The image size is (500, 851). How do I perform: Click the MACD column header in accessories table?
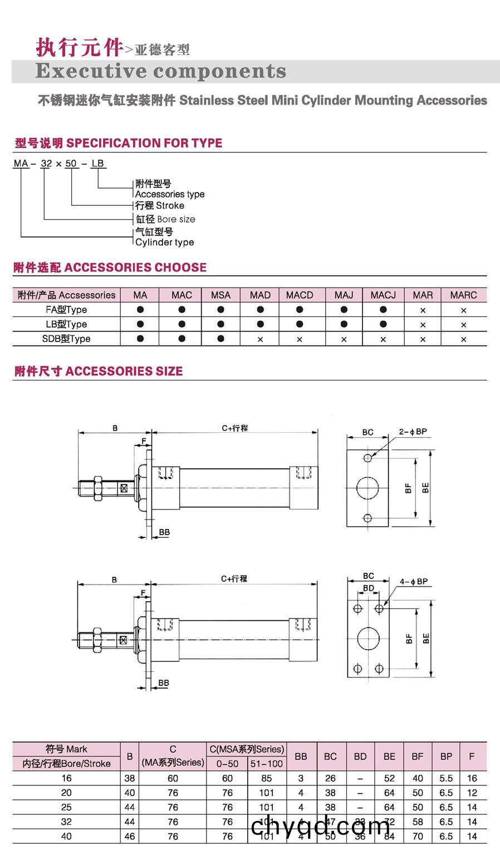pyautogui.click(x=300, y=295)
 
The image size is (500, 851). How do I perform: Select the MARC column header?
pyautogui.click(x=463, y=295)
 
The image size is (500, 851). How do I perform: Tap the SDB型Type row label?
pyautogui.click(x=66, y=338)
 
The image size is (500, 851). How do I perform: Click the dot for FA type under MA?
pyautogui.click(x=140, y=309)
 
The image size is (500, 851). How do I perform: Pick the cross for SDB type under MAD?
pyautogui.click(x=260, y=339)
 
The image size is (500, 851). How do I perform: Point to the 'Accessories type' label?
pyautogui.click(x=170, y=194)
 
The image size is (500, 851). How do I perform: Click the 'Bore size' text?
pyautogui.click(x=176, y=219)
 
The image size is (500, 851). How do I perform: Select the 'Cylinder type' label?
pyautogui.click(x=165, y=242)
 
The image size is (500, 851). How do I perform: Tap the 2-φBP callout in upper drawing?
pyautogui.click(x=413, y=432)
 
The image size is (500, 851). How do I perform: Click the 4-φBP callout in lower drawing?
pyautogui.click(x=414, y=582)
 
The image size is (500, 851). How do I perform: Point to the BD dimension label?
pyautogui.click(x=369, y=588)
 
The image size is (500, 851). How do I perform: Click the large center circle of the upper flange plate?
pyautogui.click(x=367, y=488)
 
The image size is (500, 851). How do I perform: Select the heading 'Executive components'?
pyautogui.click(x=161, y=71)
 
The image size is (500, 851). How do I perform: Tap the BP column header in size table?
pyautogui.click(x=446, y=756)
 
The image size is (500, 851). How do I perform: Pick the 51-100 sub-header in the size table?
pyautogui.click(x=267, y=764)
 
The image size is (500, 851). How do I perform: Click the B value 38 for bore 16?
pyautogui.click(x=130, y=778)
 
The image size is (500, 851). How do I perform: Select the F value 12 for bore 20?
pyautogui.click(x=472, y=793)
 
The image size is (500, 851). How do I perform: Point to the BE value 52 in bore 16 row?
pyautogui.click(x=389, y=778)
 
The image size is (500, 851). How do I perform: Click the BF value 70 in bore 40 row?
pyautogui.click(x=418, y=836)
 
